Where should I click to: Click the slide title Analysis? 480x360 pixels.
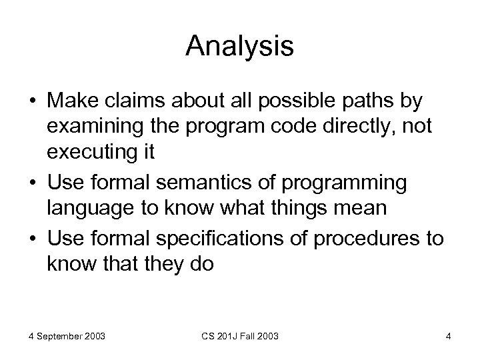[x=239, y=45]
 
